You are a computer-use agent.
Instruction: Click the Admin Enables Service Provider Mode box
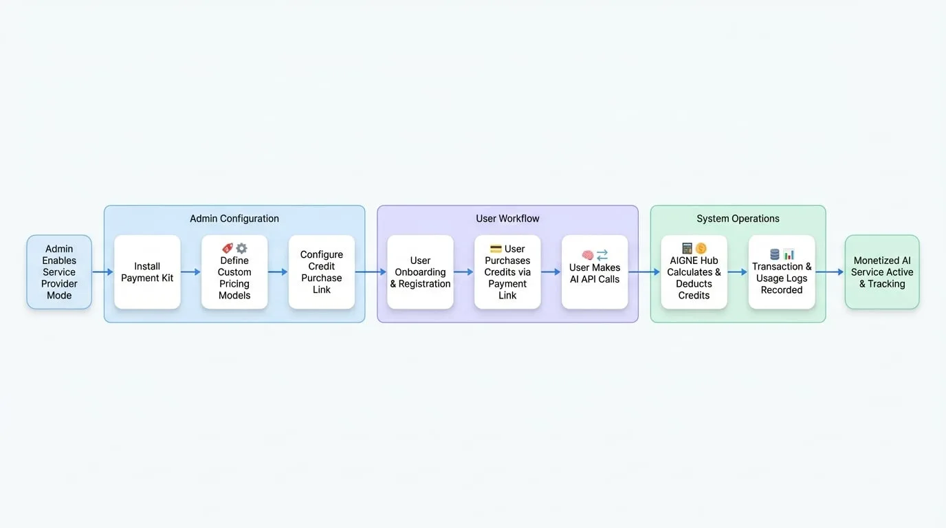(x=59, y=272)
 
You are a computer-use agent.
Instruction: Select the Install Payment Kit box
(x=147, y=272)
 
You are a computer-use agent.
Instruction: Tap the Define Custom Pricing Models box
(x=234, y=272)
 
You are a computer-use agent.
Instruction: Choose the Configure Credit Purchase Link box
(x=321, y=272)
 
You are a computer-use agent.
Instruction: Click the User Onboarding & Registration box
(x=420, y=272)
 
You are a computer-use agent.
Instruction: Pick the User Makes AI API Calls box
(x=595, y=272)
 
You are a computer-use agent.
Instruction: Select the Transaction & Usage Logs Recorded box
(x=782, y=272)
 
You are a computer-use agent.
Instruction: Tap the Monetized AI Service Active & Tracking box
(x=882, y=272)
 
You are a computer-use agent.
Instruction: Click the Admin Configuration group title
(x=234, y=219)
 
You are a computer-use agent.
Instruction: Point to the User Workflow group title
(x=507, y=219)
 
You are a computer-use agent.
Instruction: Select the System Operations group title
(x=738, y=219)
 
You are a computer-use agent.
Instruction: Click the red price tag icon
(x=228, y=248)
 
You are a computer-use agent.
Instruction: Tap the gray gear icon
(x=241, y=248)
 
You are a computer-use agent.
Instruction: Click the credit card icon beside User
(x=496, y=248)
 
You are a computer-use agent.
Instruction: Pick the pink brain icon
(x=587, y=254)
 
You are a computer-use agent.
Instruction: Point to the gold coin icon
(x=701, y=248)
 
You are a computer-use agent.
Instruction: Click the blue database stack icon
(x=775, y=254)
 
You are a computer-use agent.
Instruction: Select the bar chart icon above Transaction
(x=789, y=254)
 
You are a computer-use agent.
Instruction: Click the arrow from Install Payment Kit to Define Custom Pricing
(x=190, y=272)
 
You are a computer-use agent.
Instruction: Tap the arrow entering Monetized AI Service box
(x=830, y=272)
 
